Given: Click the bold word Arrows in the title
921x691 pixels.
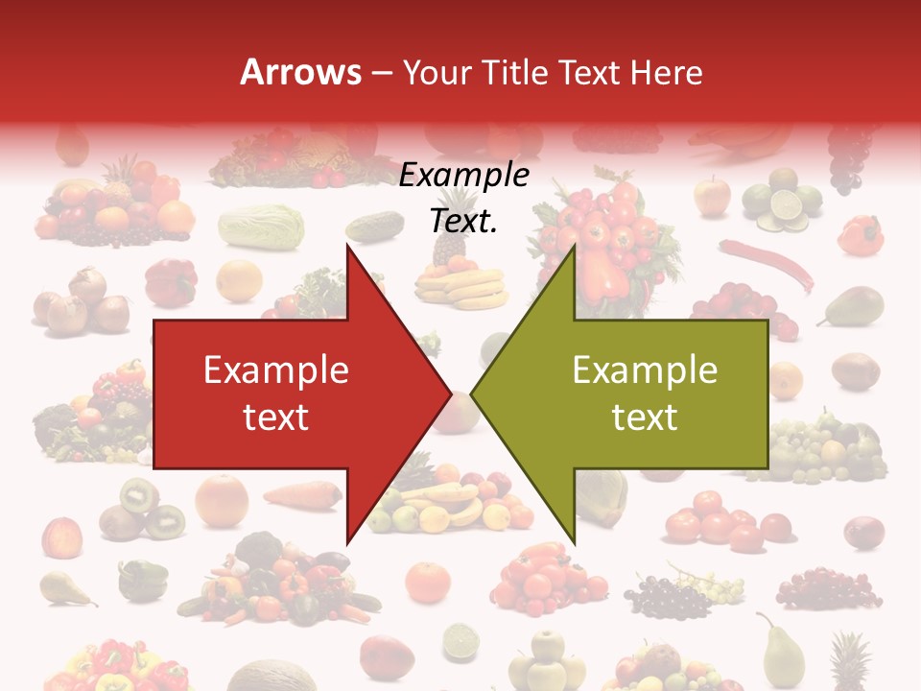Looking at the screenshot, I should point(301,72).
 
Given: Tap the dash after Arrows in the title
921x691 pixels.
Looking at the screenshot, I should point(381,73).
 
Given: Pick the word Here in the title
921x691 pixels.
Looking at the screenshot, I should point(668,72).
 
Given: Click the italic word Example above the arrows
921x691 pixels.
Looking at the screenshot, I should point(464,176).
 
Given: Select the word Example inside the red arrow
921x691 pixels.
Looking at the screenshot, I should point(276,369).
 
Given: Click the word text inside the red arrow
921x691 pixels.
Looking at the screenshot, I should point(276,417).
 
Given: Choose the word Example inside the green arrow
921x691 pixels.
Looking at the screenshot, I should point(645,369).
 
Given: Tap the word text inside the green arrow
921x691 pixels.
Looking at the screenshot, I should point(645,417).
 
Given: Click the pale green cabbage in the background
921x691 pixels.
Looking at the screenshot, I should point(261,227).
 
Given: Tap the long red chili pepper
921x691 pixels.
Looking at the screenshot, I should point(767,263).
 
